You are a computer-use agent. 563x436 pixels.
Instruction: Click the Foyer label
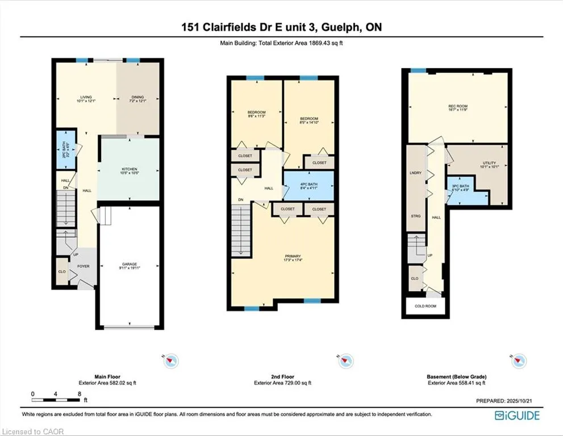pos(84,266)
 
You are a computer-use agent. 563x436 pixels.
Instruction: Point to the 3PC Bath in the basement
pos(460,188)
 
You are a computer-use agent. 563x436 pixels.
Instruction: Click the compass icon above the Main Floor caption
pos(171,360)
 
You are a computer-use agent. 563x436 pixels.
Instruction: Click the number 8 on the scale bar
pos(80,393)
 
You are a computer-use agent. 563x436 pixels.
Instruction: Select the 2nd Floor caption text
pos(282,376)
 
